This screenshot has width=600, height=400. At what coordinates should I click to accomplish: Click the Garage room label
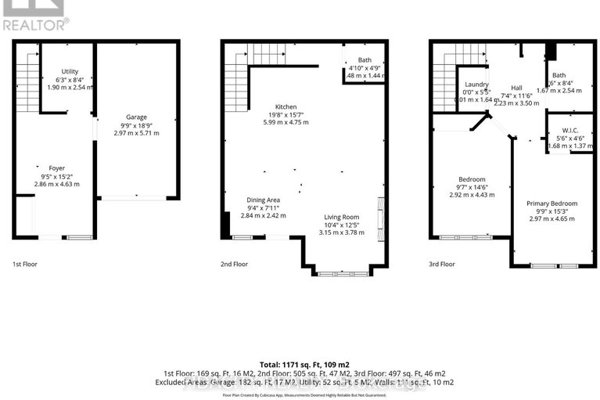(136, 117)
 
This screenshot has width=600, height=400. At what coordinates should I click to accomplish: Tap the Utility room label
(70, 71)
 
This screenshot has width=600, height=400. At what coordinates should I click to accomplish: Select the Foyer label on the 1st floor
(56, 168)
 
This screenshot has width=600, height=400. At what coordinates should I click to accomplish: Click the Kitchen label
(286, 106)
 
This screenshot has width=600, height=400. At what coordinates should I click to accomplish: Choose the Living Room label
(343, 217)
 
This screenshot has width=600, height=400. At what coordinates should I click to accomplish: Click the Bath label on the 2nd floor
(365, 60)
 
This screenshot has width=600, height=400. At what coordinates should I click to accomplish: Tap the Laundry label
(476, 85)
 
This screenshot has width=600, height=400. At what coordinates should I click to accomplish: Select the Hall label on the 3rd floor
(517, 88)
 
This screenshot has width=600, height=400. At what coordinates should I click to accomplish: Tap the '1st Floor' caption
(24, 265)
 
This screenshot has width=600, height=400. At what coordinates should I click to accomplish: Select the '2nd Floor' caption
(234, 265)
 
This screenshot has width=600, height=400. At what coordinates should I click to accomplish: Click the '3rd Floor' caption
(442, 265)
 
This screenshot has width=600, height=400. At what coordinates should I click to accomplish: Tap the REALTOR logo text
(34, 24)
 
